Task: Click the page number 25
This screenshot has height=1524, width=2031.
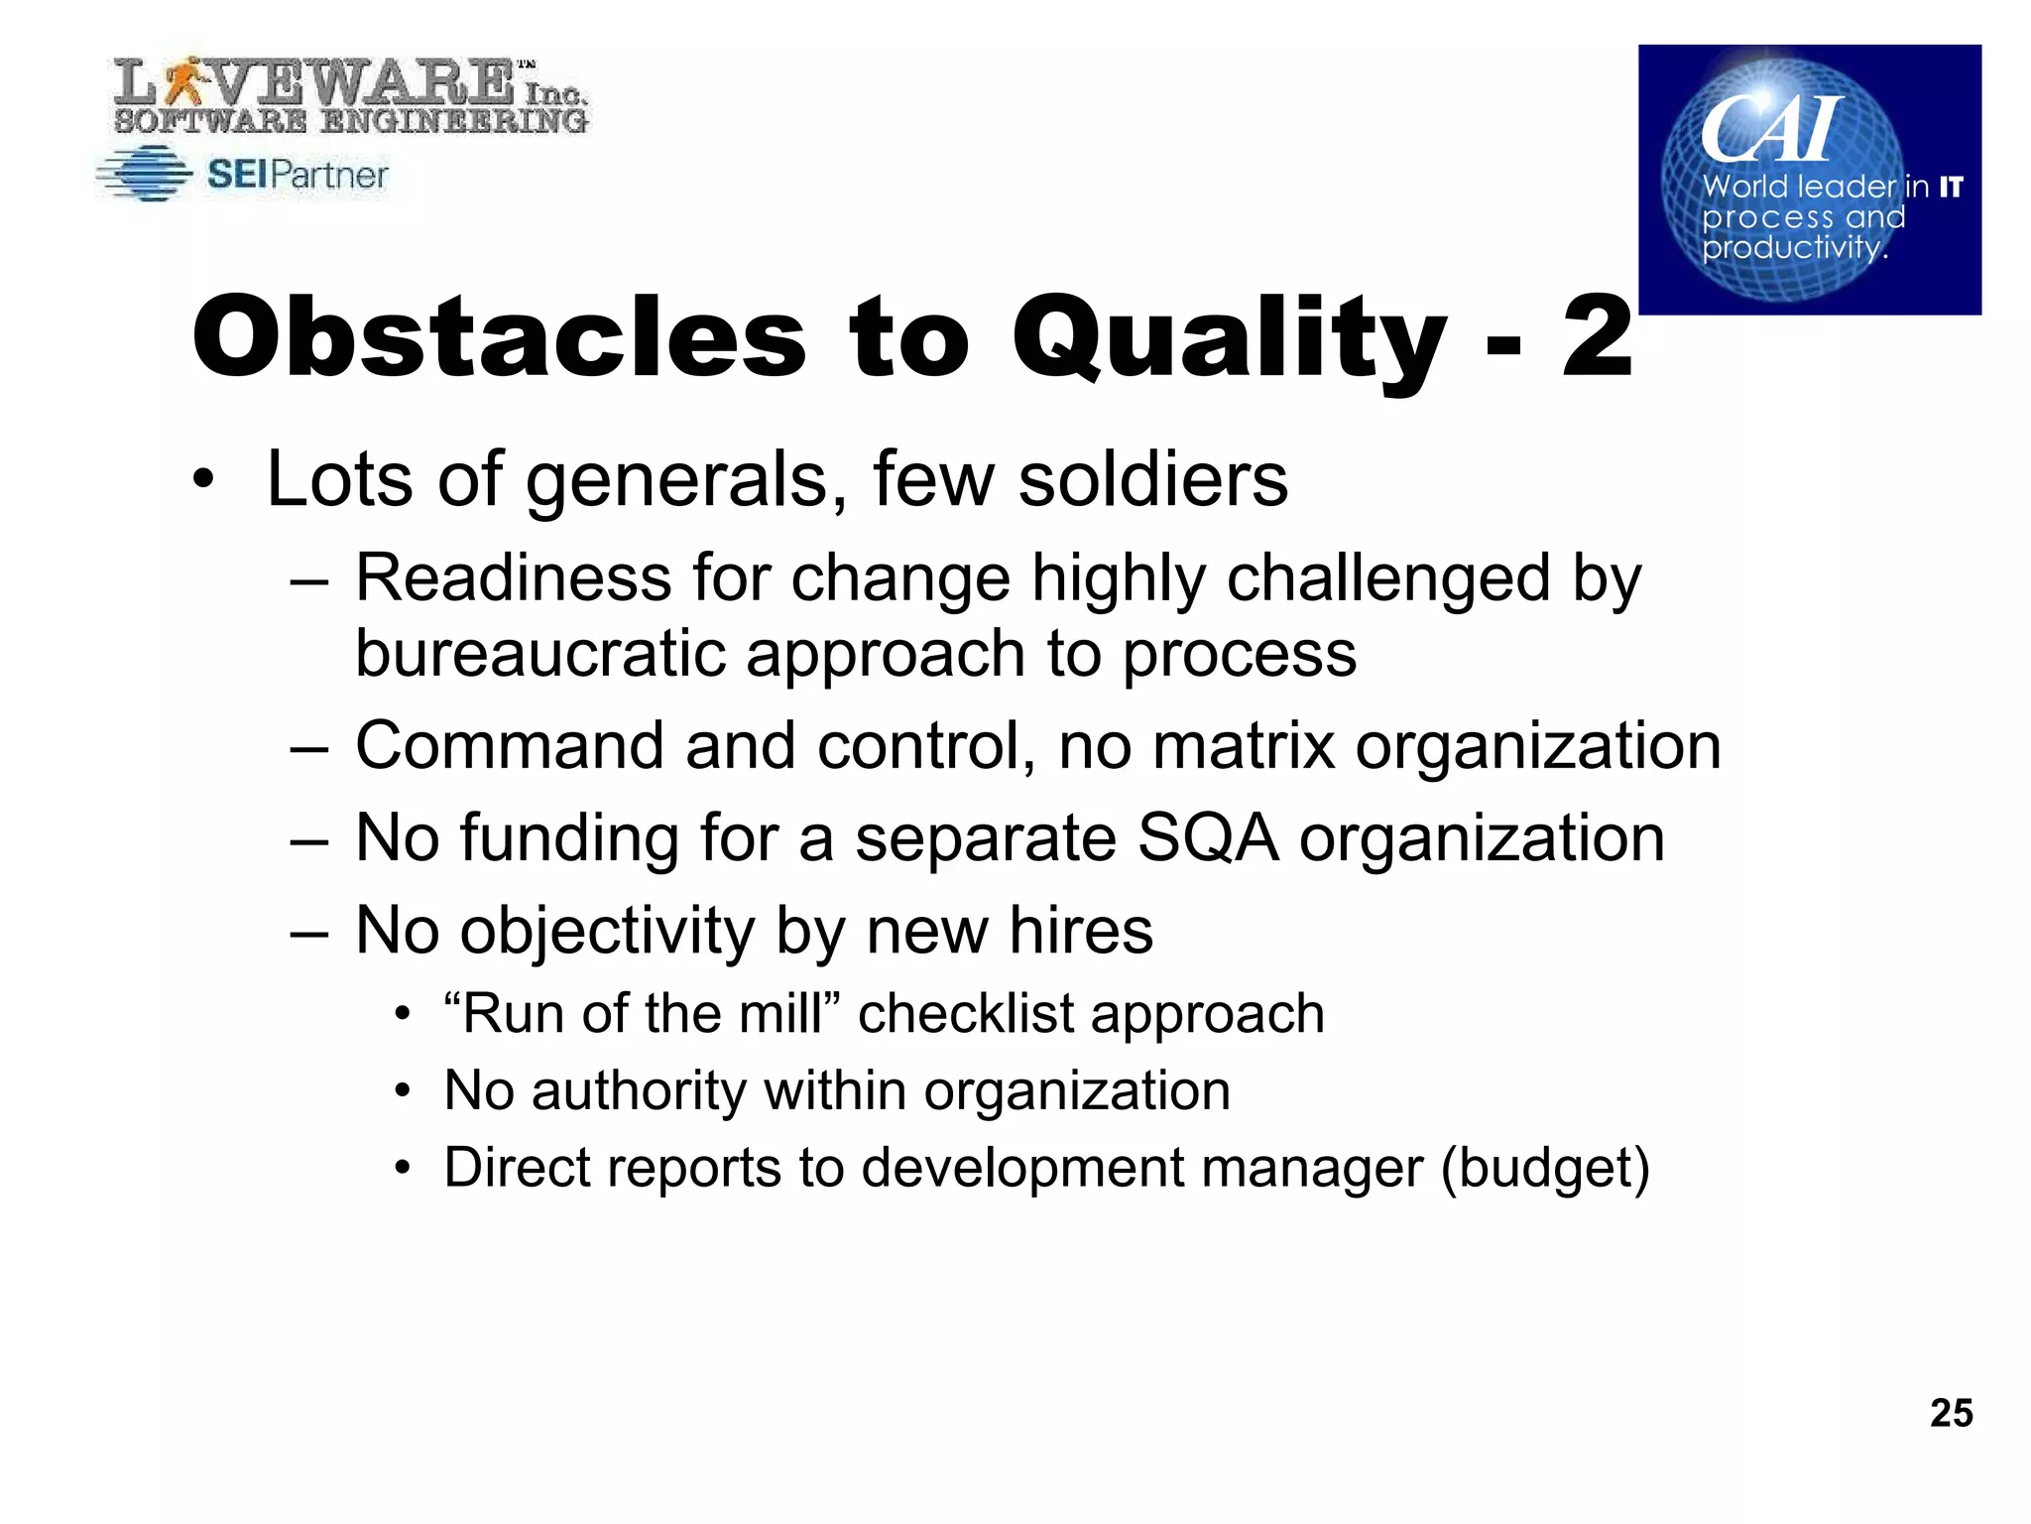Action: pos(1951,1413)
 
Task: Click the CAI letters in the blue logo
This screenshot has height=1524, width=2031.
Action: pos(1771,129)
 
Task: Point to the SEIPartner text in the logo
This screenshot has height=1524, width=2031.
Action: pos(298,176)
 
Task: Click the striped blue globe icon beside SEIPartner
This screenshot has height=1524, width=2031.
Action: pos(145,175)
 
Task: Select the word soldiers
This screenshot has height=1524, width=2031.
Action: pos(1153,480)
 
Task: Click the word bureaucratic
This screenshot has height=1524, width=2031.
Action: pos(539,655)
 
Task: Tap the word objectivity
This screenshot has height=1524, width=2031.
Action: pos(607,933)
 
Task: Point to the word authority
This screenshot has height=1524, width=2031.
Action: pos(639,1091)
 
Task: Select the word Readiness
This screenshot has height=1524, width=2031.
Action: pos(513,578)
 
